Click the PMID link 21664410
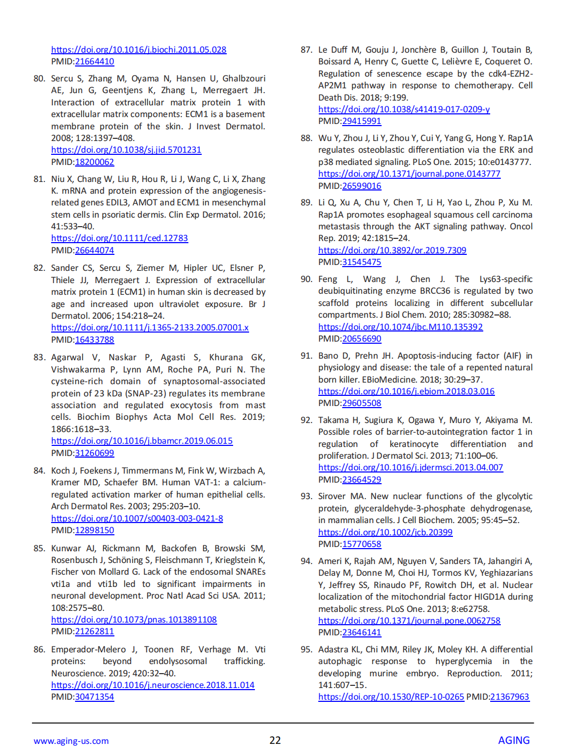click(x=94, y=62)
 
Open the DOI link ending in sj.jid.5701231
click(x=126, y=150)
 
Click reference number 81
click(x=39, y=179)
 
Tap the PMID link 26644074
click(x=94, y=251)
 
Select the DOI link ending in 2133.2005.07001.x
click(x=150, y=328)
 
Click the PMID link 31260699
click(x=94, y=453)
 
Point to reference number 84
click(x=39, y=471)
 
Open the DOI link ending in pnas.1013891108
click(x=134, y=620)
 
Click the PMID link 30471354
click(x=94, y=697)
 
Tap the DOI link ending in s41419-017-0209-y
click(x=404, y=110)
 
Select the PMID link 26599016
click(x=361, y=186)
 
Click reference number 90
click(x=306, y=279)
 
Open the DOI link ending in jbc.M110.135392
click(x=400, y=327)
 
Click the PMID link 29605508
click(x=361, y=403)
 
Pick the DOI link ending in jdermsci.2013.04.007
click(x=410, y=468)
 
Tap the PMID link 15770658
click(x=361, y=544)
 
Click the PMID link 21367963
click(x=509, y=697)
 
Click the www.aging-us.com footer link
click(x=71, y=741)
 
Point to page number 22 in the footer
click(x=275, y=741)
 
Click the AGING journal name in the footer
click(x=514, y=741)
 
